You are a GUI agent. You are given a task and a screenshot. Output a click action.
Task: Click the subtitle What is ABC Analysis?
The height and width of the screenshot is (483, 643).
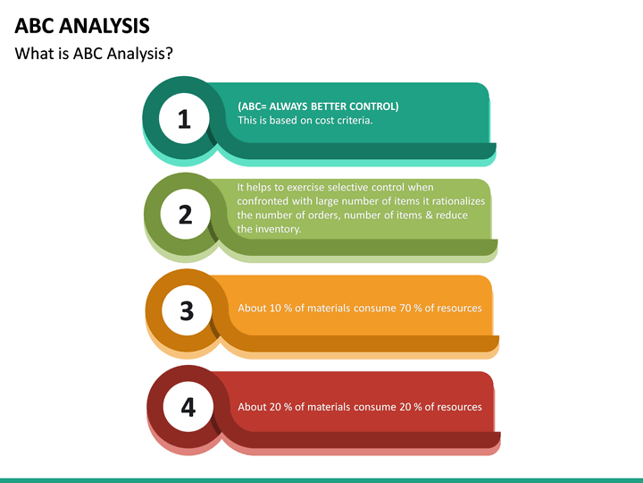(x=94, y=54)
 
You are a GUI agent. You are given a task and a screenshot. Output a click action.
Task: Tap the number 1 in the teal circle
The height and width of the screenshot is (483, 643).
(x=184, y=119)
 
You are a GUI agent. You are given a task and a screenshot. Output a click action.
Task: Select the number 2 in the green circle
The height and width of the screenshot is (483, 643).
(x=186, y=215)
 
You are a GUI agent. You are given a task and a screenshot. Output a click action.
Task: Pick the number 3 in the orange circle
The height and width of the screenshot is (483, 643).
(x=187, y=310)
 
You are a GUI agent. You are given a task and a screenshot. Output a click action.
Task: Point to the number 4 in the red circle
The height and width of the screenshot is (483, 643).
(x=188, y=407)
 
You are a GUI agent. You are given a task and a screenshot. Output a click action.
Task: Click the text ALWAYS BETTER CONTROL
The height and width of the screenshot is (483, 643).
(x=330, y=106)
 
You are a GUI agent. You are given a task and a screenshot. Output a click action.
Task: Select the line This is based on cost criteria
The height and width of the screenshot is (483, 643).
(x=305, y=120)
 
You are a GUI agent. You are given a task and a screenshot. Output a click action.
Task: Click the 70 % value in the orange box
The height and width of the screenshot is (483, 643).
(x=411, y=308)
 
